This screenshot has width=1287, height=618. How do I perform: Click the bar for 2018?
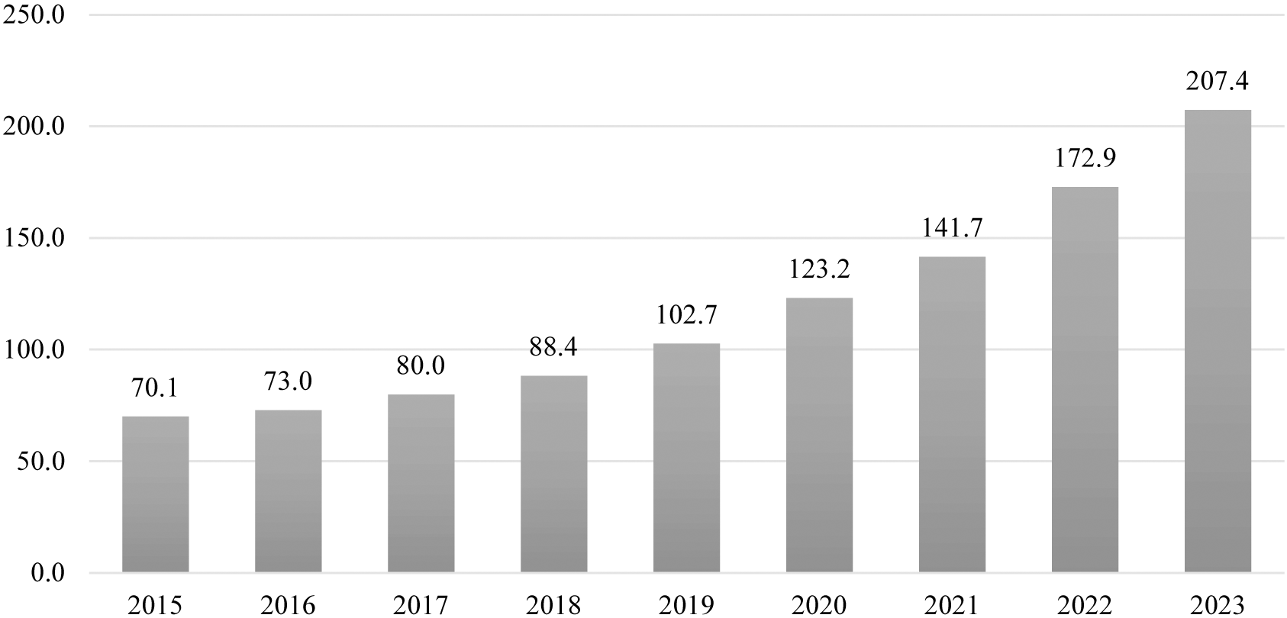[x=554, y=474]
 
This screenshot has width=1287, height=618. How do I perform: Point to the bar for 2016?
[x=289, y=491]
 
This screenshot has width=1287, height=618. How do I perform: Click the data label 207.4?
[x=1218, y=82]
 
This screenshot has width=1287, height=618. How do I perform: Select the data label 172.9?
[x=1085, y=159]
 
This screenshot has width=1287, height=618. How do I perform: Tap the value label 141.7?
[x=952, y=228]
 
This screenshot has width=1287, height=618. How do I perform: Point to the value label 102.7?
[x=686, y=315]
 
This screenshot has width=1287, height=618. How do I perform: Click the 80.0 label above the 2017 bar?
[x=421, y=366]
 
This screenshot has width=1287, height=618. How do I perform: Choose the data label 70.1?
[x=156, y=388]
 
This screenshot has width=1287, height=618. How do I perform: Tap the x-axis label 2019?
[x=686, y=606]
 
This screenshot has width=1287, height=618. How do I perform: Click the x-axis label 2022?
[x=1085, y=606]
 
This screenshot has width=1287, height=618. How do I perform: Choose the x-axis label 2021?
[x=952, y=606]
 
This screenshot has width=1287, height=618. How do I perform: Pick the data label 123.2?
[x=819, y=269]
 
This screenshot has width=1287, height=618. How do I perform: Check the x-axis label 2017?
[x=421, y=606]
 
